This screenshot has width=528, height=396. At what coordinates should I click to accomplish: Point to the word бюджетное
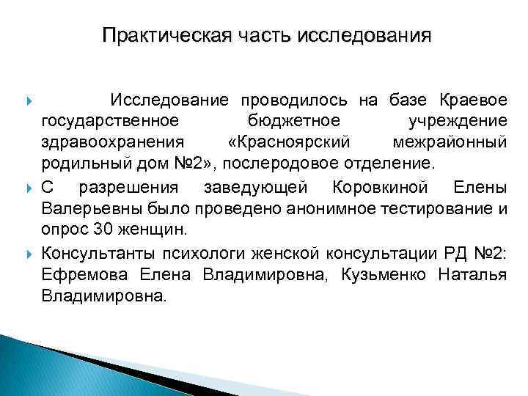pyautogui.click(x=279, y=120)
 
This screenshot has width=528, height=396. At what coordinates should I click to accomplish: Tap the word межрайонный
pyautogui.click(x=450, y=140)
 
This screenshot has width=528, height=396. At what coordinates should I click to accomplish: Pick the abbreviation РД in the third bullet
pyautogui.click(x=455, y=254)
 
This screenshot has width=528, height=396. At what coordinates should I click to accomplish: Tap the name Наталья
pyautogui.click(x=472, y=274)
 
